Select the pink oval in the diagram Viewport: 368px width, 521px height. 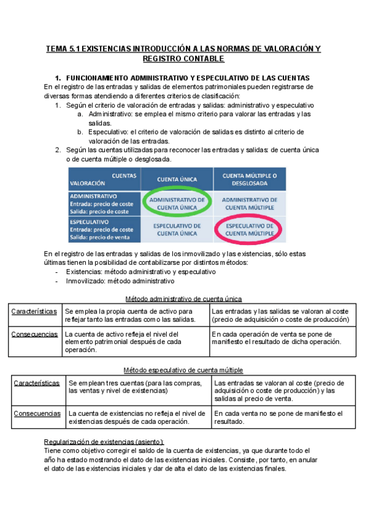tap(249, 230)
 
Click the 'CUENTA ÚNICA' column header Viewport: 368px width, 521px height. tap(177, 179)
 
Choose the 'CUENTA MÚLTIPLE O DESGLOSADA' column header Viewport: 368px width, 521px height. tap(249, 179)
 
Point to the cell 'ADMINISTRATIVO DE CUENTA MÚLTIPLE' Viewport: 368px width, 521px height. tap(249, 204)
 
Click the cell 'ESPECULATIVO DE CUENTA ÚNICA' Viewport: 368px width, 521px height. tap(177, 230)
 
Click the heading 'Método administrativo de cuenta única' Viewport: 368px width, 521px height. tap(183, 299)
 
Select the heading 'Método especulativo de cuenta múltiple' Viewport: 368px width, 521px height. tap(183, 370)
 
